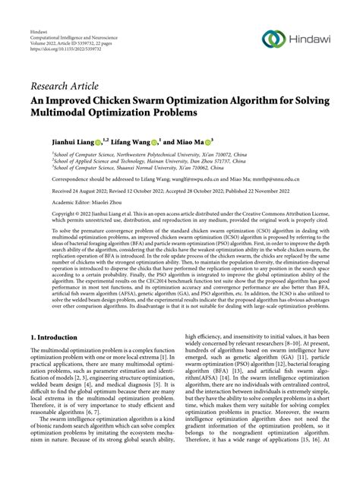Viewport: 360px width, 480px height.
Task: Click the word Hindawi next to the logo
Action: pos(311,39)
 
